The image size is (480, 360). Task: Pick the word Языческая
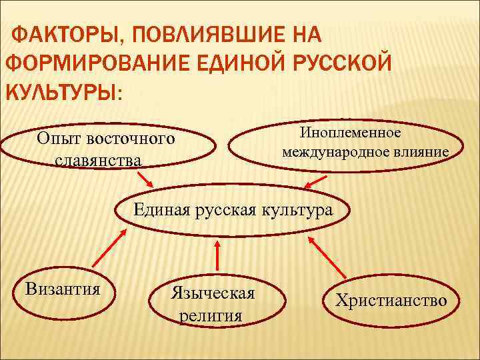click(213, 293)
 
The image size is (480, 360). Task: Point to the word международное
click(333, 152)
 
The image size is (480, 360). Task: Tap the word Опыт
click(57, 139)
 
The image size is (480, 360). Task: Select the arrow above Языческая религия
click(216, 257)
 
